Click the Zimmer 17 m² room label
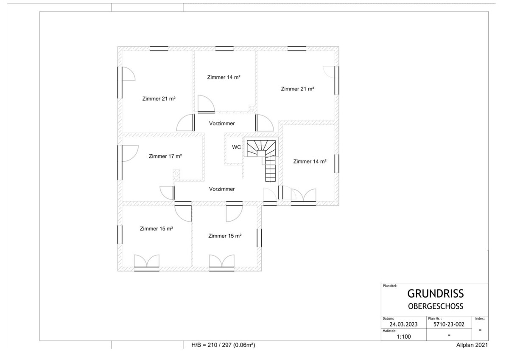pos(165,156)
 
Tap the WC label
pos(236,147)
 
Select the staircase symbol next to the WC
pos(261,160)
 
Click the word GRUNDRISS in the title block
pos(435,294)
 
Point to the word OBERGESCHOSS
pos(436,307)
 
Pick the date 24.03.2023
pos(403,324)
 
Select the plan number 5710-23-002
pos(449,324)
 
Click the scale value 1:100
pos(404,337)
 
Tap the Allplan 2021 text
pos(472,345)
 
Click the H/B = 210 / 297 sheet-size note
pos(223,345)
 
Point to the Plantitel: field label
pos(390,286)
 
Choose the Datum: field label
pos(388,319)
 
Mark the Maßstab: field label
pos(389,331)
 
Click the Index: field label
pos(480,319)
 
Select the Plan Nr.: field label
pos(435,319)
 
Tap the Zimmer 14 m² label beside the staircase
pos(310,161)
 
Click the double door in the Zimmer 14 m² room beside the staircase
pos(303,197)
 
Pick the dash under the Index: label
pos(480,330)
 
